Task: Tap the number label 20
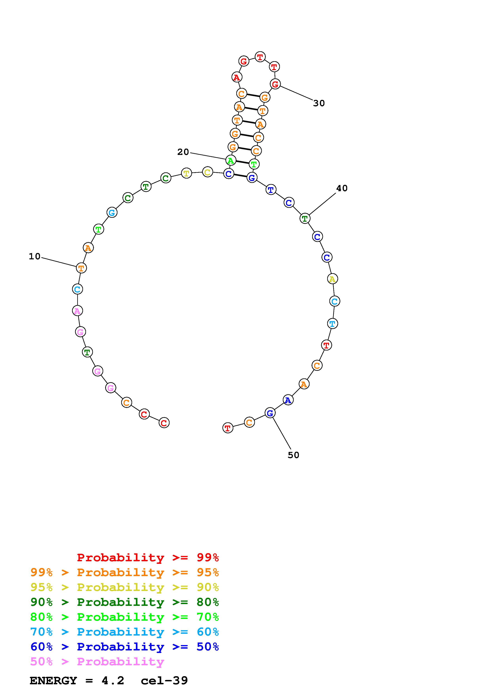click(183, 152)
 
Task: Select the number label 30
click(319, 103)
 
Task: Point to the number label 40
click(342, 188)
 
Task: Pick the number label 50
click(294, 455)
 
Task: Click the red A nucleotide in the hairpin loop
click(236, 77)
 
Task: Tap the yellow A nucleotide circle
click(333, 279)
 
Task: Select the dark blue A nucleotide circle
click(288, 400)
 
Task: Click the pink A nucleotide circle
click(77, 311)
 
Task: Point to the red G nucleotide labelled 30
click(275, 84)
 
